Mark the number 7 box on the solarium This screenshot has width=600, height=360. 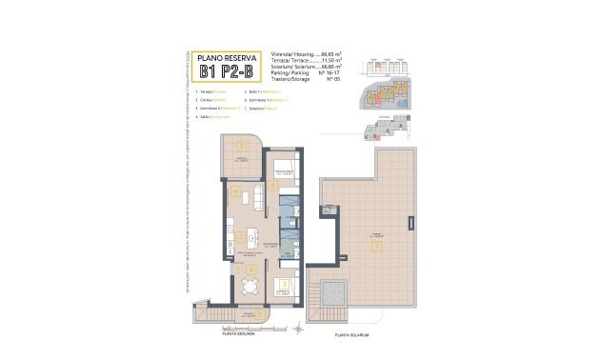[378, 245]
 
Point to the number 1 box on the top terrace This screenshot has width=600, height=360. [242, 145]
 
